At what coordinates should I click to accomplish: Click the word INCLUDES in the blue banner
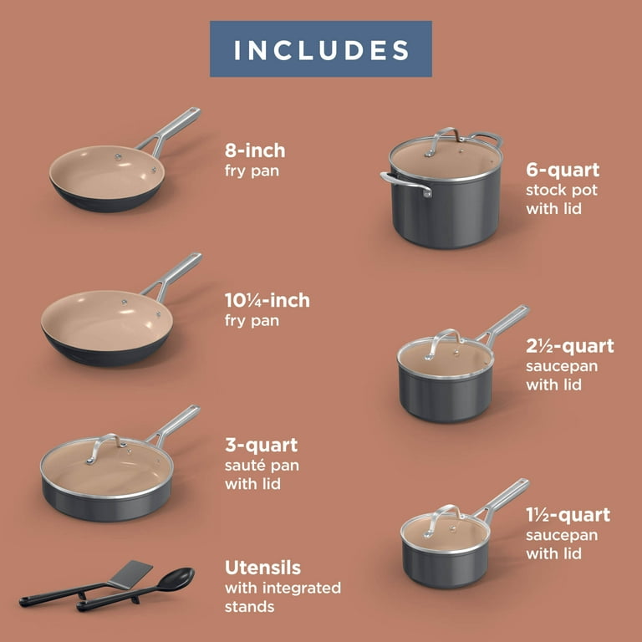(321, 49)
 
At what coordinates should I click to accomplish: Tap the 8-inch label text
(254, 151)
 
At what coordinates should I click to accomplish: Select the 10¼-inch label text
(267, 300)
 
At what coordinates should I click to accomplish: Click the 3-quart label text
(261, 446)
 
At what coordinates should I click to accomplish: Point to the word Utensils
(262, 568)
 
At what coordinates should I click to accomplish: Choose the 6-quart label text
(563, 170)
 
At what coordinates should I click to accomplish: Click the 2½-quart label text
(569, 345)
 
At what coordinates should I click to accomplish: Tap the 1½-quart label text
(568, 515)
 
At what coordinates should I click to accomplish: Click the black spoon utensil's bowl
(178, 578)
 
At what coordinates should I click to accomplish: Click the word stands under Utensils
(249, 607)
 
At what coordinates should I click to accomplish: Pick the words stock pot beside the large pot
(563, 190)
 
